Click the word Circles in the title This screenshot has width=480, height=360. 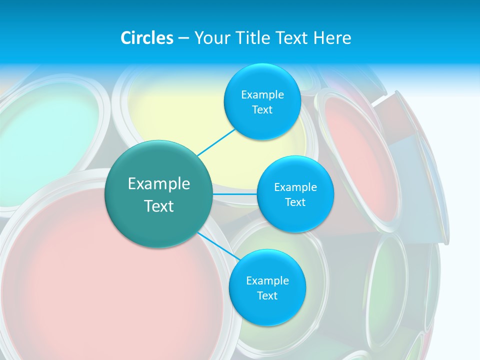146,38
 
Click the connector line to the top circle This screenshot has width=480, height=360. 216,142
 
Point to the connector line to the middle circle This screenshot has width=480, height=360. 235,194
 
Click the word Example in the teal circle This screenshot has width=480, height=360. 159,184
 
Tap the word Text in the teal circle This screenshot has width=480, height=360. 159,206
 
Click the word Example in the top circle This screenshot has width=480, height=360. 262,95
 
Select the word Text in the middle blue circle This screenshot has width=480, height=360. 295,202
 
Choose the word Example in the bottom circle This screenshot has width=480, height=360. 267,281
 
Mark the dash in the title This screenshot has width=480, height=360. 183,38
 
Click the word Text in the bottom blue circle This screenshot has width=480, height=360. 267,296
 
